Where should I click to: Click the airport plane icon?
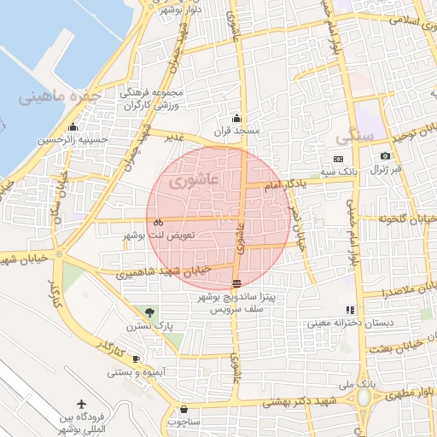83,403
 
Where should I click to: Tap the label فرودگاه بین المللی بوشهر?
81,423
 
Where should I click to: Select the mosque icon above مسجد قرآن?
236,119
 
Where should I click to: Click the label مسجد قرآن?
236,132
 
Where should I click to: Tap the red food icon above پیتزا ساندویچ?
236,283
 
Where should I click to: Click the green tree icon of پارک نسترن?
150,312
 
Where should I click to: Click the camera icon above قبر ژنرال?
385,155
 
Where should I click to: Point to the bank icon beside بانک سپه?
339,159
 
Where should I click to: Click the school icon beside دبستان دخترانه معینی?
349,310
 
